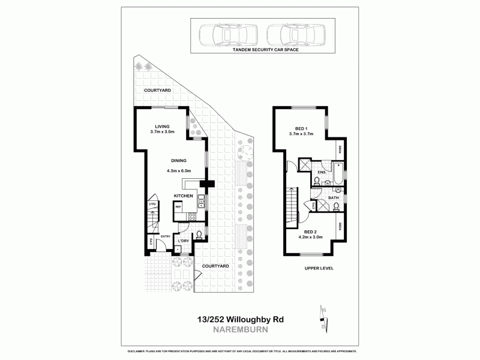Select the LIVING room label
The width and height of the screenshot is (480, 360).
[x=163, y=126]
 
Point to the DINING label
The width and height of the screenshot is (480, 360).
[x=179, y=161]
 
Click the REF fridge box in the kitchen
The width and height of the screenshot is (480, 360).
[x=178, y=208]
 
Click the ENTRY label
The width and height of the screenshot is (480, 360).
[x=166, y=236]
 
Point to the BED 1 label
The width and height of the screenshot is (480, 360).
[x=301, y=128]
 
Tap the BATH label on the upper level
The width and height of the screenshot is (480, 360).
[x=333, y=197]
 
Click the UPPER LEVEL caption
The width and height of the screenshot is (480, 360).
[x=319, y=268]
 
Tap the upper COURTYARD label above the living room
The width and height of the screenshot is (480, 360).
[x=158, y=90]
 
